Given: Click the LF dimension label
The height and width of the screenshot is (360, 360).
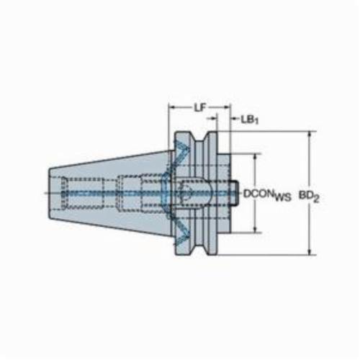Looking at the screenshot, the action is (x=200, y=108).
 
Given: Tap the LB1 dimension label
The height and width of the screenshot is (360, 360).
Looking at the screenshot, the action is (x=250, y=120).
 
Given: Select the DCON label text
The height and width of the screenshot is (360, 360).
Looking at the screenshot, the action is (x=259, y=194).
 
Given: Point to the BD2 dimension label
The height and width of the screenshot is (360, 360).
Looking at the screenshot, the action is (x=309, y=197).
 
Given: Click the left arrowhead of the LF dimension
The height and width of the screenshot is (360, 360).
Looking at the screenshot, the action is (x=173, y=108).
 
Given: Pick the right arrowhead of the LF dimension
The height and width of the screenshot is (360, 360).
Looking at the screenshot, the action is (x=227, y=108).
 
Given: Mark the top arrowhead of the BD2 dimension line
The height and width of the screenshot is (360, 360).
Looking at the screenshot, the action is (x=310, y=135).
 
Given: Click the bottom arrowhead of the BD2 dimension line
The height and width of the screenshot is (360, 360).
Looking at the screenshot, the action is (x=310, y=251).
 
